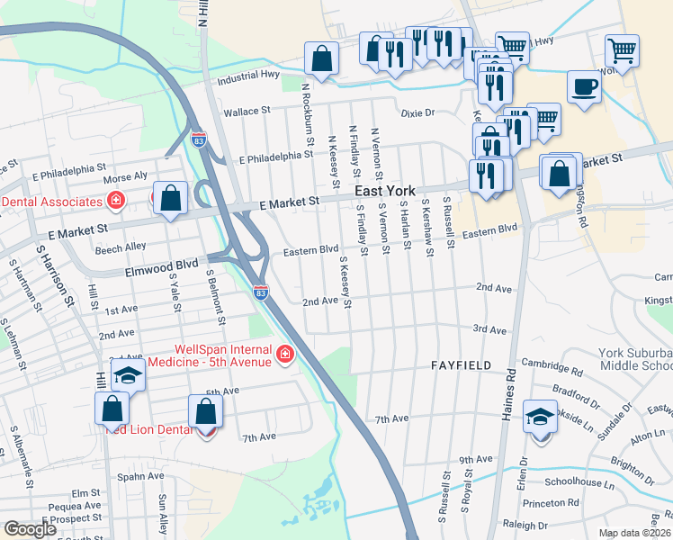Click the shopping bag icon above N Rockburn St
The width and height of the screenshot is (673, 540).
321,59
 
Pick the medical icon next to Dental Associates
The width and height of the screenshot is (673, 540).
115,199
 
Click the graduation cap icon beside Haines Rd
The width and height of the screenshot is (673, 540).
540,417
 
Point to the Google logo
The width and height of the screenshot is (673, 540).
30,529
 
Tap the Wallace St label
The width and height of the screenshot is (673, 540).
247,112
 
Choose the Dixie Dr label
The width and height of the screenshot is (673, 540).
417,113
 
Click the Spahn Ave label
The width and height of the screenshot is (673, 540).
142,476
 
